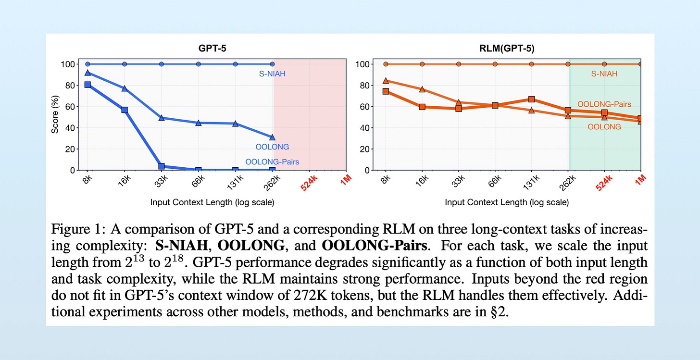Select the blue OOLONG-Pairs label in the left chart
[272, 162]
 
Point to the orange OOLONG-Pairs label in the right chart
[604, 104]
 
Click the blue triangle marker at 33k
[162, 118]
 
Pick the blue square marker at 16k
[125, 110]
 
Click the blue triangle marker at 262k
[273, 137]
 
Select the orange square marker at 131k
[531, 99]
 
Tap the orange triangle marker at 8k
[386, 81]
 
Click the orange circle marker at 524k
[604, 64]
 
